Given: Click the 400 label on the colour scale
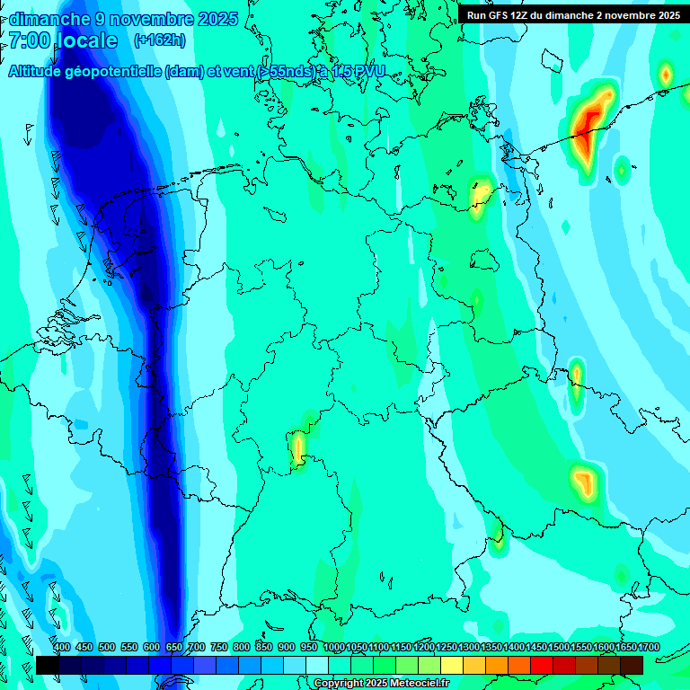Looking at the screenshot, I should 62,648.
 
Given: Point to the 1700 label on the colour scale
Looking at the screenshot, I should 649,648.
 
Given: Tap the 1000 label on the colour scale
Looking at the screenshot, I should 334,648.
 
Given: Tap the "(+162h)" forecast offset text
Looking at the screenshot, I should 159,40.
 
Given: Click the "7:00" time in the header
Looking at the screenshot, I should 29,40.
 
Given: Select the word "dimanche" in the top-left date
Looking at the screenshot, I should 50,19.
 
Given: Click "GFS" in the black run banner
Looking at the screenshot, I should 501,15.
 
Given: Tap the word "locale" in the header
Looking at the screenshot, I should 86,40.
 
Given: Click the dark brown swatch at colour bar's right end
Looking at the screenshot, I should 632,665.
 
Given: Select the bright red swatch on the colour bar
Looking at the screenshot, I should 542,665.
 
